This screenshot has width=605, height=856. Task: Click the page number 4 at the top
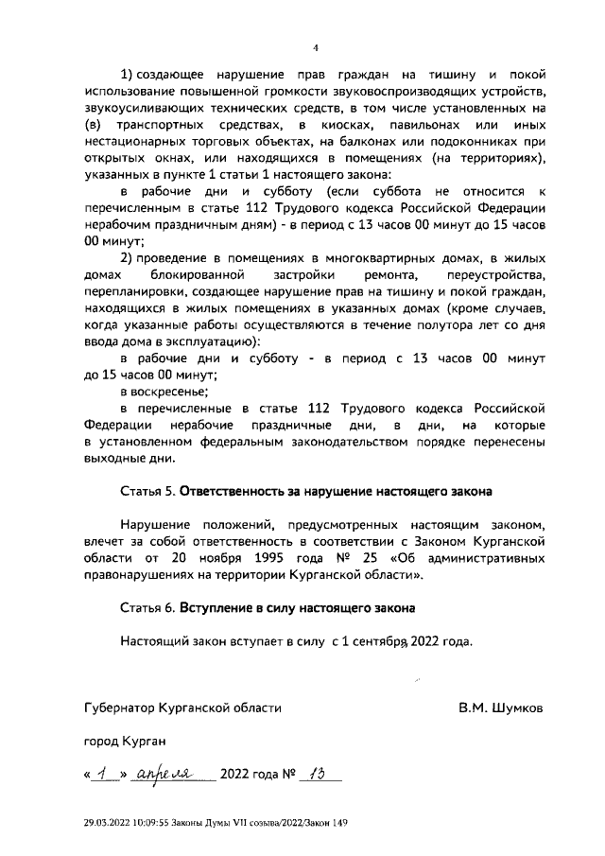click(317, 48)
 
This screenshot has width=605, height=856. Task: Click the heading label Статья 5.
click(147, 492)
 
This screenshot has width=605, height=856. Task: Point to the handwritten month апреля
click(164, 774)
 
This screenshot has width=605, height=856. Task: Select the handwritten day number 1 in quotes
click(101, 774)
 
